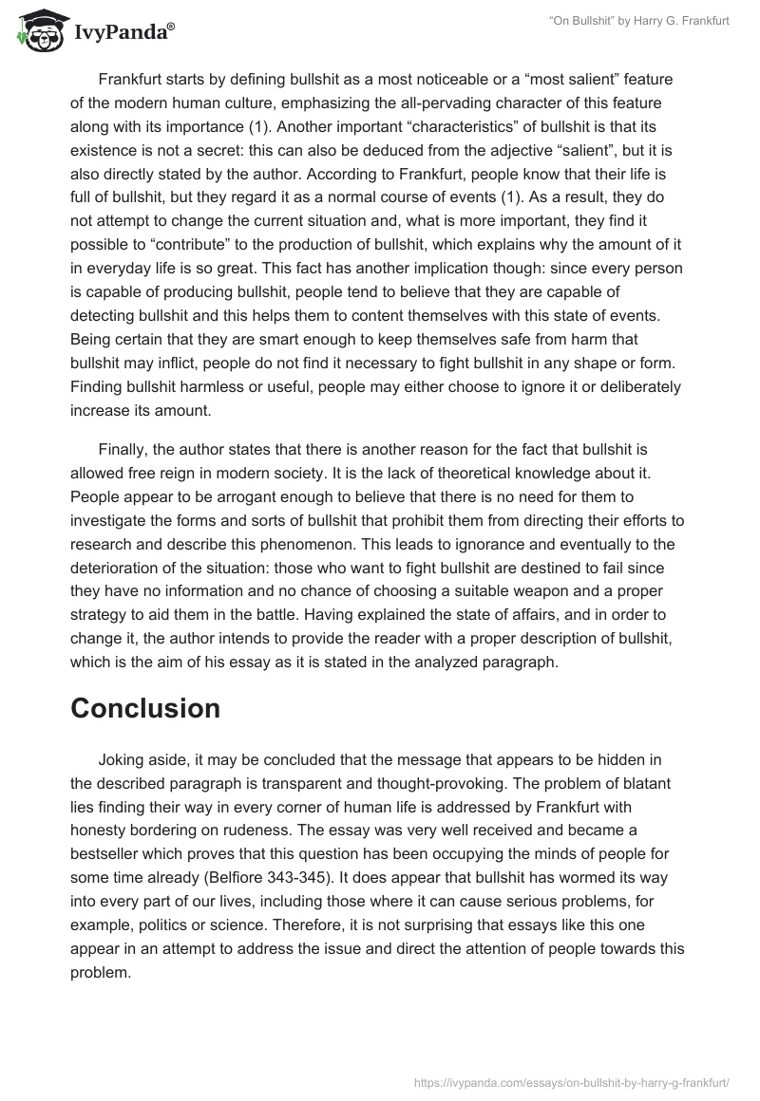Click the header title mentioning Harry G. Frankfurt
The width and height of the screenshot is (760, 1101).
click(x=638, y=21)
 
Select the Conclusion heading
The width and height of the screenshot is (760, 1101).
click(x=145, y=708)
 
